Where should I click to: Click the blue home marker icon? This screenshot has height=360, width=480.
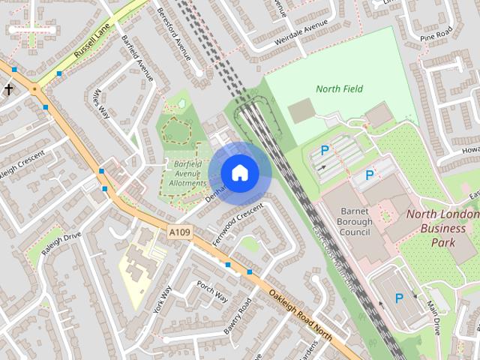point(239,173)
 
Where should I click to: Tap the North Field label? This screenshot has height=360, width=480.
point(339,89)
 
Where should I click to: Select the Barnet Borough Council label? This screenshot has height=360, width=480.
point(355,222)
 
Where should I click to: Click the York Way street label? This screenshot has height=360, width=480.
point(162,299)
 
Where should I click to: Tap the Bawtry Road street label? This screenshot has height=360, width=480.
point(235,317)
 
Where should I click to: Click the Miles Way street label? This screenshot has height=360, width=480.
point(100,104)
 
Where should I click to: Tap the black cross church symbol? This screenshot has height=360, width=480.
point(9,90)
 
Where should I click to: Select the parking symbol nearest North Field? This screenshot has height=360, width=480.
point(325,151)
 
